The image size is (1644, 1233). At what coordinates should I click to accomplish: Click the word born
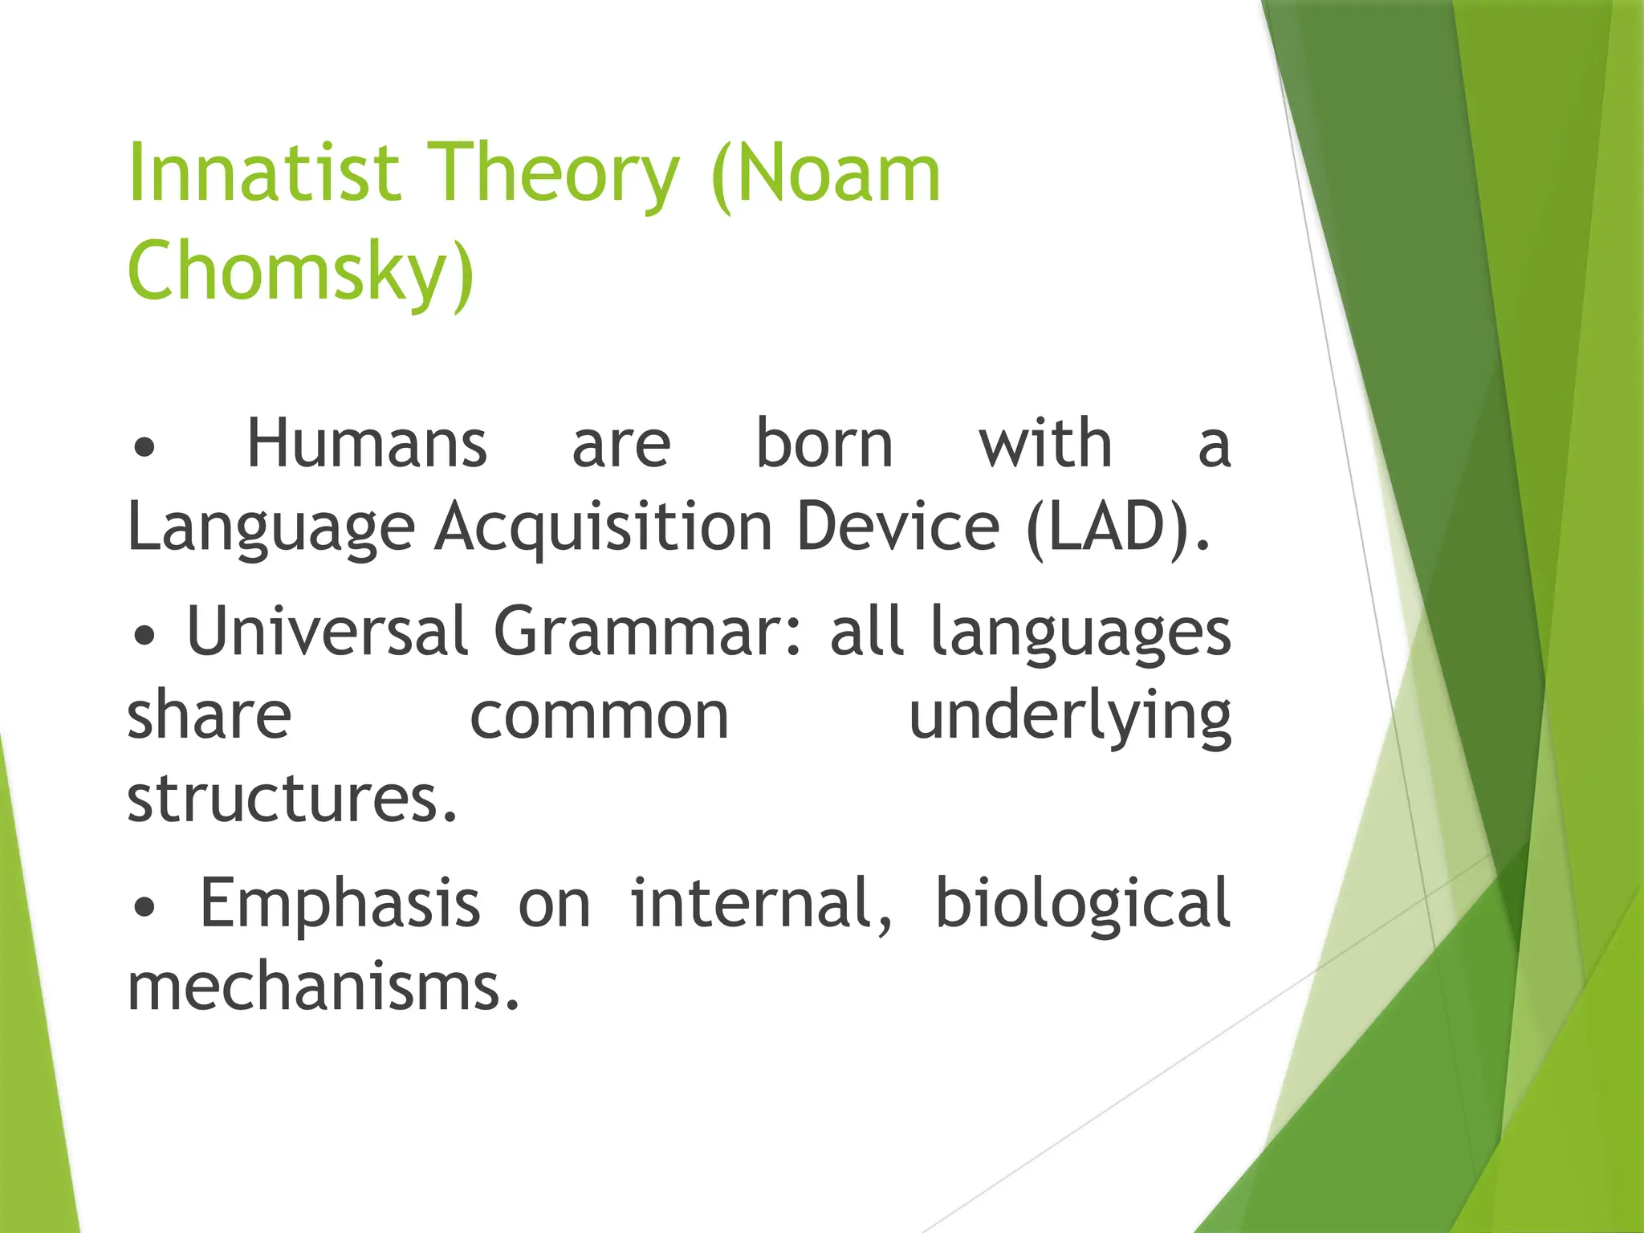coord(824,444)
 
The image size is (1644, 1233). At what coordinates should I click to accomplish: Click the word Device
coord(897,527)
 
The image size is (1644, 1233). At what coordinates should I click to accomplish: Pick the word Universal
coord(327,631)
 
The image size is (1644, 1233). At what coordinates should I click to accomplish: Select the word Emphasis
coord(340,903)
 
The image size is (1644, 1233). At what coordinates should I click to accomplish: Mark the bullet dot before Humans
coord(144,448)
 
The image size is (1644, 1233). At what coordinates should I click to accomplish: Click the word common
coord(599,716)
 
